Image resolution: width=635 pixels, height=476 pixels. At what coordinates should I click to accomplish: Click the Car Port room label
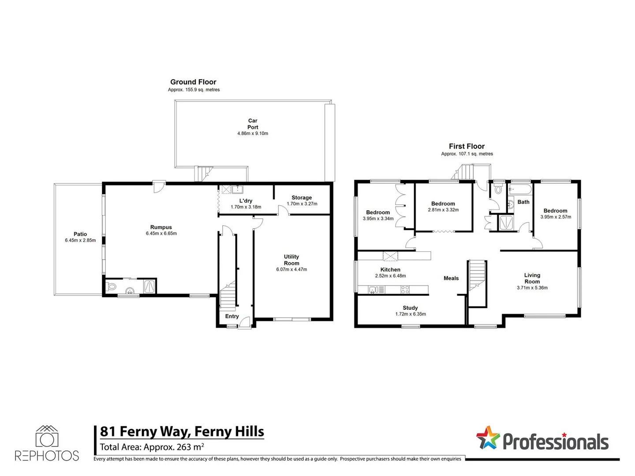[x=253, y=124]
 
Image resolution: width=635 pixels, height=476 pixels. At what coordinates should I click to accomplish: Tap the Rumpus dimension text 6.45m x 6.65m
[x=161, y=234]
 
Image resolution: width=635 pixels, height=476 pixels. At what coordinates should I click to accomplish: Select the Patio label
[x=80, y=234]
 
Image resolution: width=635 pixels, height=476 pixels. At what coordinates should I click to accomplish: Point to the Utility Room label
[x=291, y=260]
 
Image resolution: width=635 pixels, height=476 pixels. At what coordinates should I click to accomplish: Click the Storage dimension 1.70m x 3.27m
[x=302, y=204]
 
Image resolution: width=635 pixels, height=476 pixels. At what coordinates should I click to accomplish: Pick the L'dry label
[x=246, y=201]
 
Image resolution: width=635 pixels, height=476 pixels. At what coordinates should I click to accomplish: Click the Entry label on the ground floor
[x=232, y=316]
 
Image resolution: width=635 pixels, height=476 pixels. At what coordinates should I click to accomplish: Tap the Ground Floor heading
[x=193, y=82]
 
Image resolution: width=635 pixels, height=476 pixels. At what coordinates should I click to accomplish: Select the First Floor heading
[x=467, y=146]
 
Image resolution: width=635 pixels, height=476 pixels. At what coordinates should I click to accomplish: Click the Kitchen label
[x=390, y=270]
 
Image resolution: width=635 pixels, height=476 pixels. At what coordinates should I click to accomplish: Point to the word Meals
[x=451, y=278]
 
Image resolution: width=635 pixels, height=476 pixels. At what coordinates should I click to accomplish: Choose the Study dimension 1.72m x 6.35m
[x=411, y=314]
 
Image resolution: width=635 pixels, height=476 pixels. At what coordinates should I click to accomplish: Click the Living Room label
[x=532, y=278]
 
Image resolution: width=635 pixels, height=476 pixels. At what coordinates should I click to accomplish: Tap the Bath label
[x=523, y=202]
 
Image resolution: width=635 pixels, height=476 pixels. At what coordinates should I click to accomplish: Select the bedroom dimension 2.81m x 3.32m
[x=443, y=210]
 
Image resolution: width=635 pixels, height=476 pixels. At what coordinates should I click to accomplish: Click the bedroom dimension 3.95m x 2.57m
[x=556, y=217]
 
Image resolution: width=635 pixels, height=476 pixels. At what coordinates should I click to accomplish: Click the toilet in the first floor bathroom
[x=498, y=190]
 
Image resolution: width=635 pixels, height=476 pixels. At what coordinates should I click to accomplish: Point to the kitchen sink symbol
[x=373, y=290]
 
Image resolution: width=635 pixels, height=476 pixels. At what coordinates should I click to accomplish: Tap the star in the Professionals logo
[x=488, y=438]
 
